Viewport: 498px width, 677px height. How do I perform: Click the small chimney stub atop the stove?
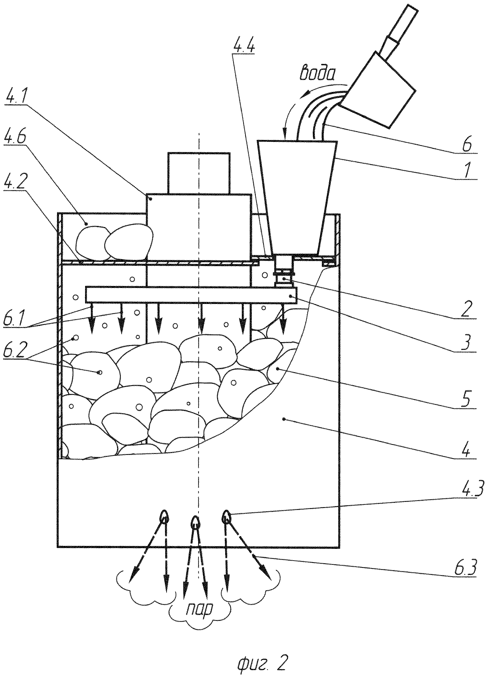click(x=198, y=173)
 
